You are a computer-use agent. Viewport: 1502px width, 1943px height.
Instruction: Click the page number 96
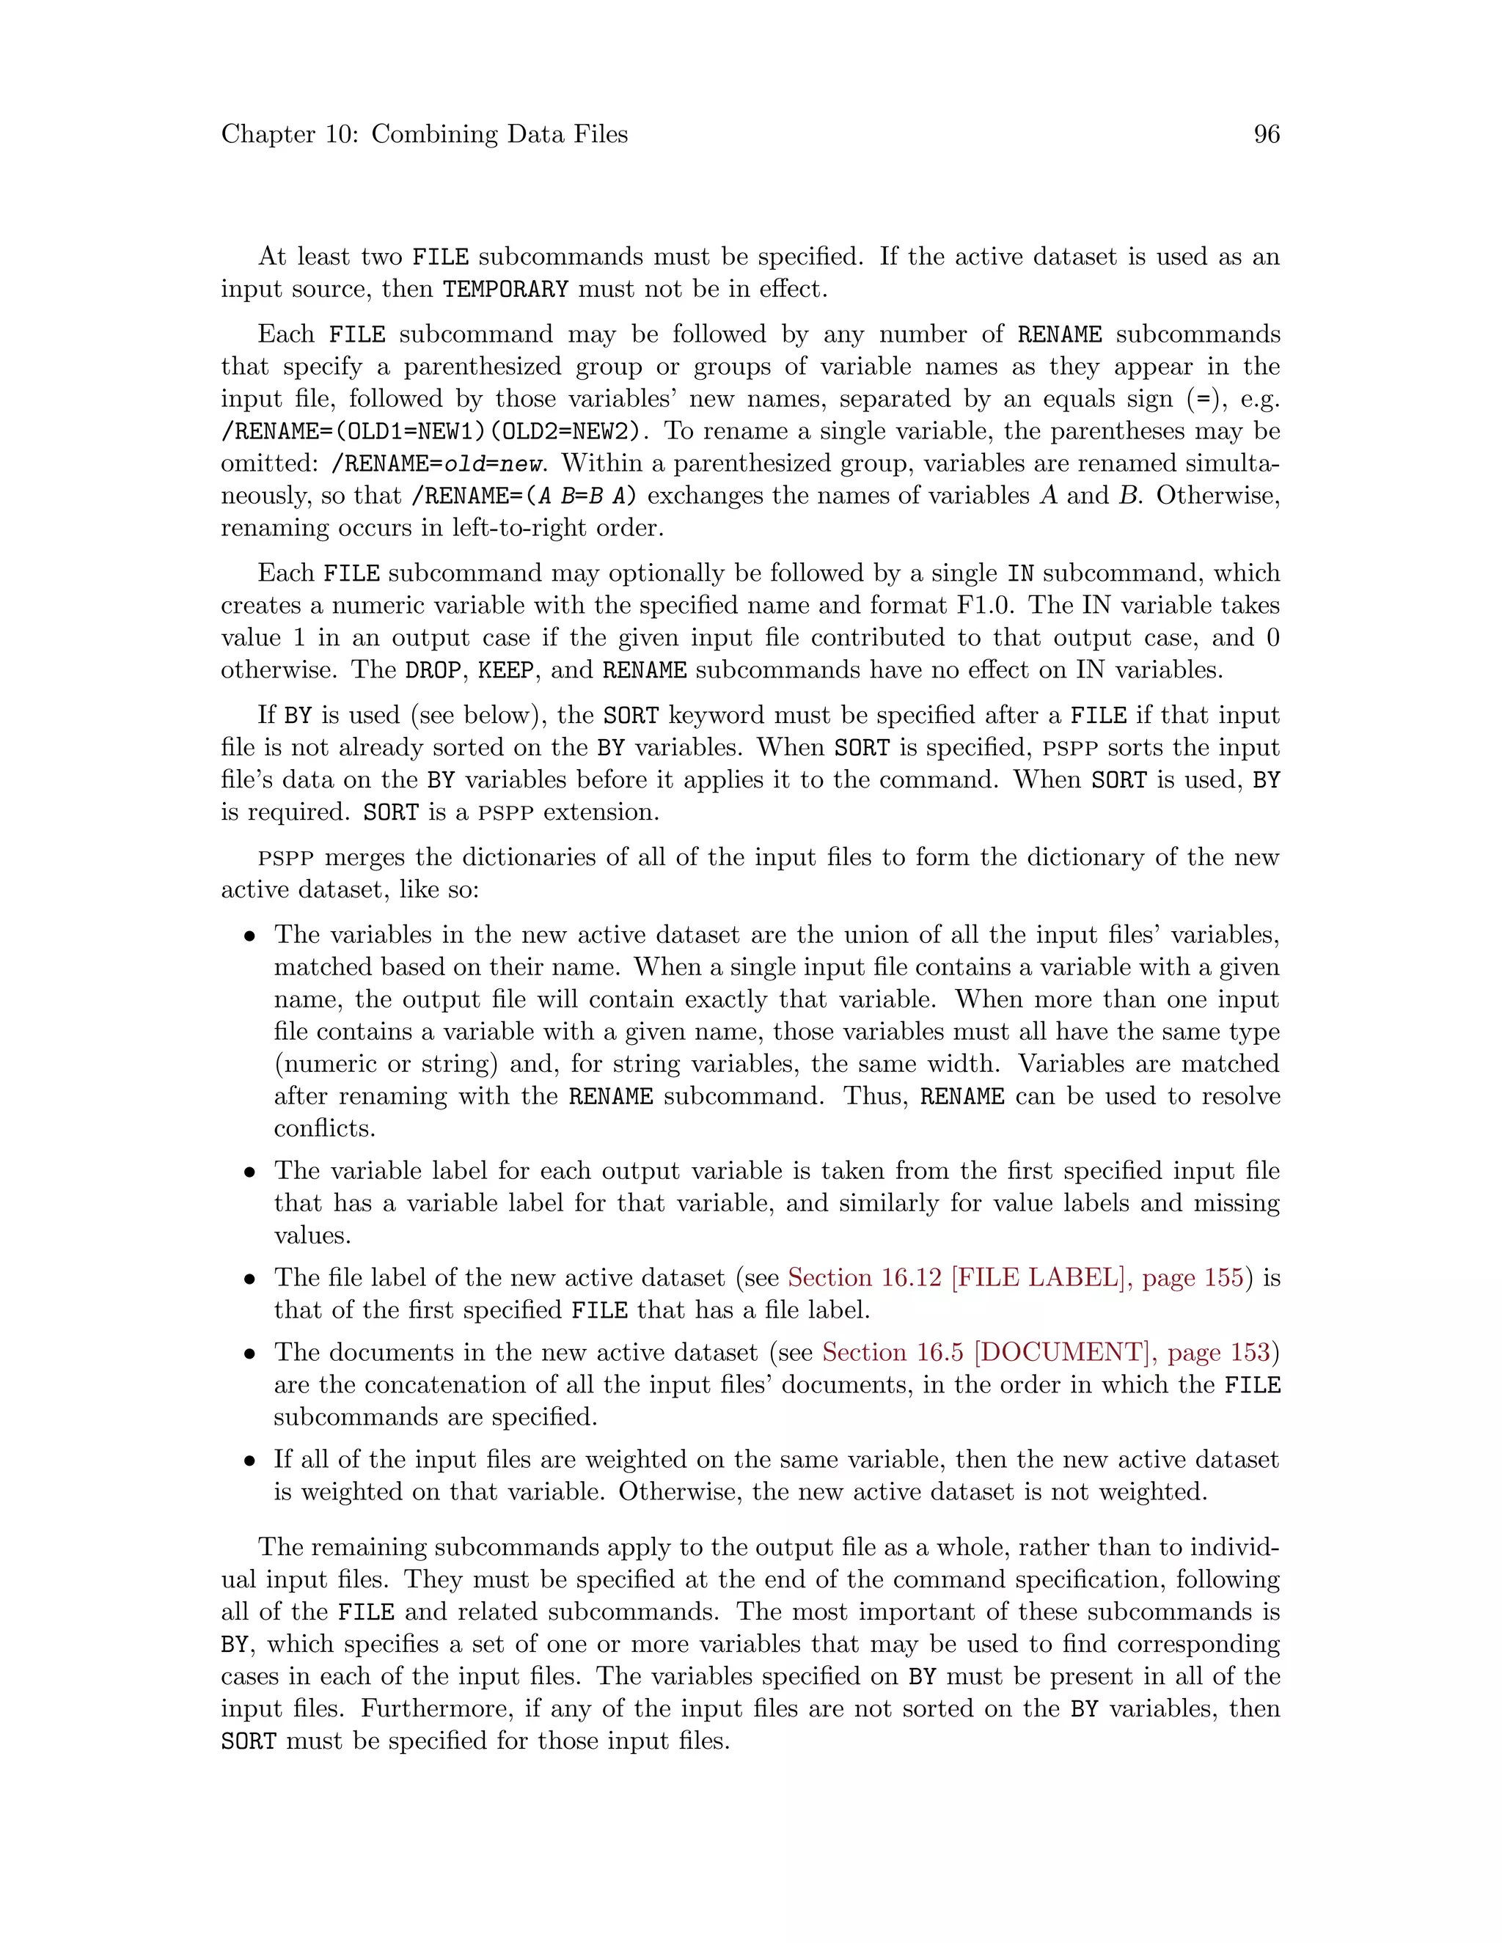click(1266, 134)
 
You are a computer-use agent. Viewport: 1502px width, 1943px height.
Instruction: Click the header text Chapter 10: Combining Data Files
click(425, 134)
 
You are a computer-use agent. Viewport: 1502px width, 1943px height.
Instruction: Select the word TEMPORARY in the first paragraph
click(505, 289)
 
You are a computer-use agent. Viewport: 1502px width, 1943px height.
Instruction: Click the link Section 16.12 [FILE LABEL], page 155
click(1015, 1279)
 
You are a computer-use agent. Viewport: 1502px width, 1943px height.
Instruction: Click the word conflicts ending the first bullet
click(324, 1129)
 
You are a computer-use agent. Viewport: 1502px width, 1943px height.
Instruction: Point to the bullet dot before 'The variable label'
click(252, 1172)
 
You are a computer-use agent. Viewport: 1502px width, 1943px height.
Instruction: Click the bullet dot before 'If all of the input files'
click(252, 1461)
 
